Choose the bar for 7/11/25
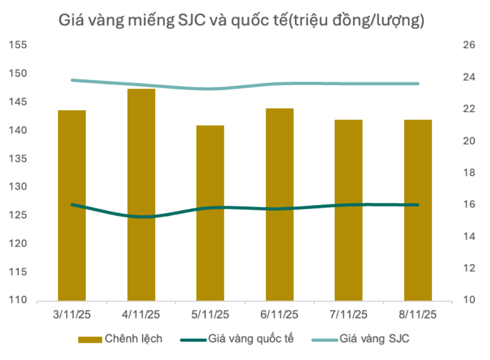348,210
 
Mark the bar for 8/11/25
418,210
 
